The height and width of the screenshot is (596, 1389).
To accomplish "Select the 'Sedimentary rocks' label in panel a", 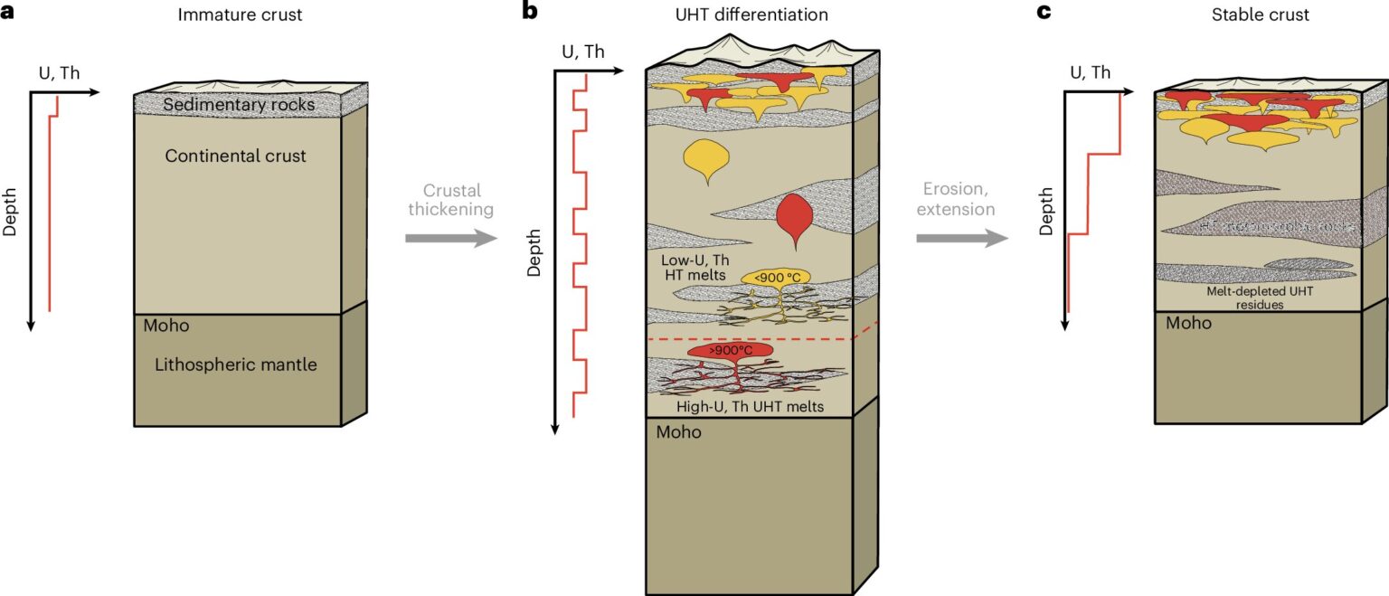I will tap(239, 105).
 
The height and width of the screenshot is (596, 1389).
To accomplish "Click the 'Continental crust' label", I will tap(235, 156).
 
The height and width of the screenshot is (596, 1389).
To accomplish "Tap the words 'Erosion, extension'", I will tap(959, 200).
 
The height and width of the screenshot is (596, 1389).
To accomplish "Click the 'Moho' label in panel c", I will tap(1188, 324).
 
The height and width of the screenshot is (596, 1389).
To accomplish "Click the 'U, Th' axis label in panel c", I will tap(1089, 72).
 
